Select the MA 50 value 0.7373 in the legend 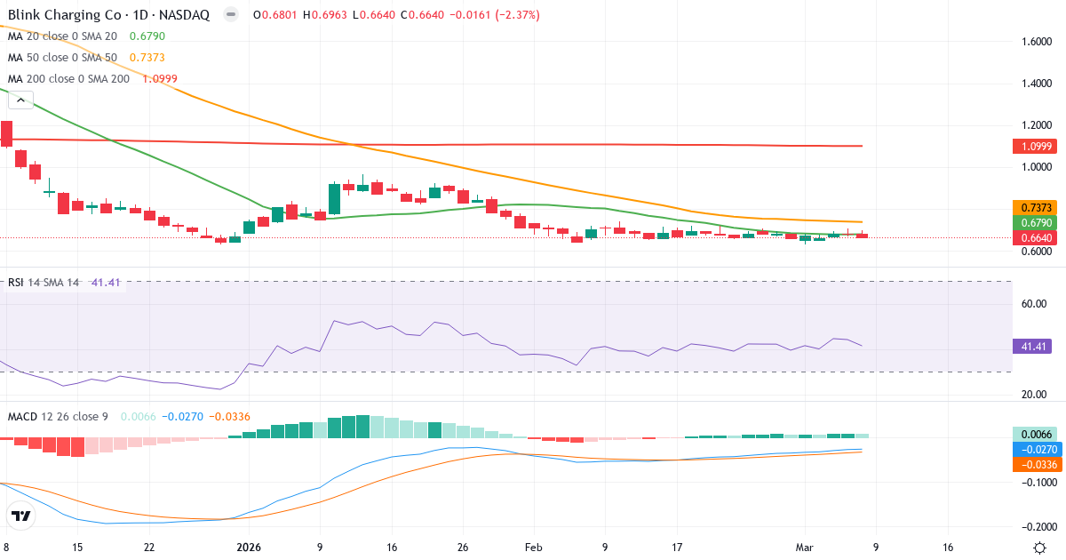click(147, 57)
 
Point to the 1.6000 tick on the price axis click(1038, 42)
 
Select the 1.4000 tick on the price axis click(1038, 84)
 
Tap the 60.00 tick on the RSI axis click(1036, 304)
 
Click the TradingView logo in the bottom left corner click(21, 516)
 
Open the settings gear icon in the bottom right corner click(1038, 548)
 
